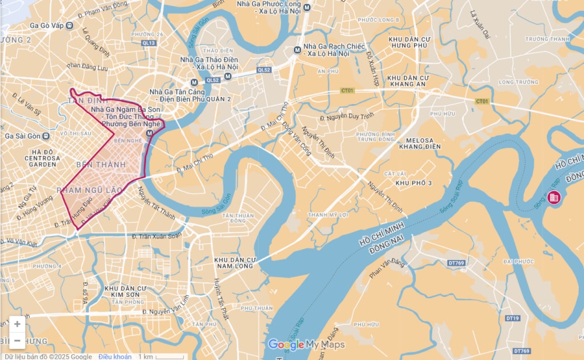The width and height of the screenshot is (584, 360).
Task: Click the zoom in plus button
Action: [17, 324]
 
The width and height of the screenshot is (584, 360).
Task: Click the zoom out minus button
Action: [17, 340]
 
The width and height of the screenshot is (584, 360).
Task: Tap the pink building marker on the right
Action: [553, 198]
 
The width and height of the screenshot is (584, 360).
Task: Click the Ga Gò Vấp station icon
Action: [69, 25]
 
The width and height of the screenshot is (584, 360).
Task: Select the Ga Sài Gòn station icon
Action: [46, 136]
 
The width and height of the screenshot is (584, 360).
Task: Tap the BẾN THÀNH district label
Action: [105, 165]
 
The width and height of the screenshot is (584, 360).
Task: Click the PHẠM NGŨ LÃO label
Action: [89, 190]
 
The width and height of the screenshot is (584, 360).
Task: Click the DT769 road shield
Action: [456, 264]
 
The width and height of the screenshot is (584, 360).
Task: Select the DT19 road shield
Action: [512, 318]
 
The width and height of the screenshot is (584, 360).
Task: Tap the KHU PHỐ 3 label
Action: [413, 184]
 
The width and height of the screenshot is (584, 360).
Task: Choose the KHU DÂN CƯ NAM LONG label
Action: [235, 262]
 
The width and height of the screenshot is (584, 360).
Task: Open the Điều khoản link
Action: [114, 356]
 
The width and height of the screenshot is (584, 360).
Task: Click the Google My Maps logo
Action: [306, 345]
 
